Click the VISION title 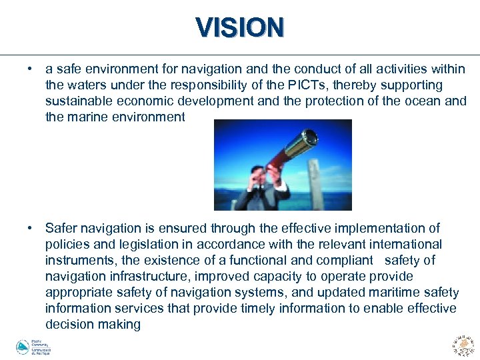240,27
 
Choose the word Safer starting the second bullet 62,228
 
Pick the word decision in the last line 70,324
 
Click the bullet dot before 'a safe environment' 31,69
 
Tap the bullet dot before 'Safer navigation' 31,228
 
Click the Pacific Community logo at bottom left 33,347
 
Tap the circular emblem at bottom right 463,345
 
